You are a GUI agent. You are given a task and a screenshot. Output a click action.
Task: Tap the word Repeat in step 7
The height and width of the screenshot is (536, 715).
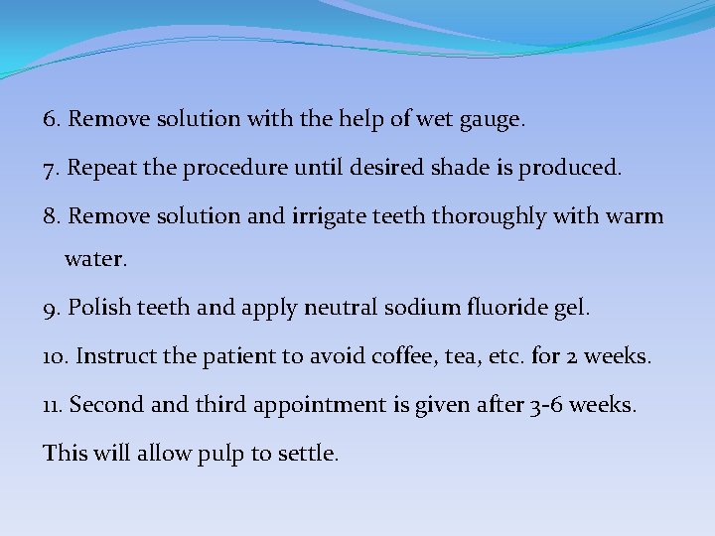coord(101,169)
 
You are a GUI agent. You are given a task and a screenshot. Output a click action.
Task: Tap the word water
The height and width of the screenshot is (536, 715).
coord(95,259)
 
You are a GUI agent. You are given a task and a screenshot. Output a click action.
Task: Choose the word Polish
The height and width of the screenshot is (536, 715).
coord(97,309)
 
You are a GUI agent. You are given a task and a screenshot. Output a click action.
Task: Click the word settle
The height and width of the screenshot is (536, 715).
coord(308,454)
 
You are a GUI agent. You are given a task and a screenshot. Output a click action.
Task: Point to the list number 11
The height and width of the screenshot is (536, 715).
coord(53,405)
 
